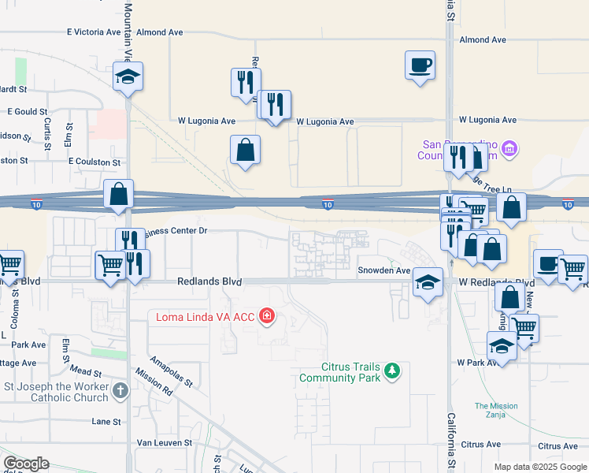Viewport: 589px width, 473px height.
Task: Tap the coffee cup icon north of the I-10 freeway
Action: tap(420, 64)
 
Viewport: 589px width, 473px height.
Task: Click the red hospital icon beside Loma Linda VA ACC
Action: tap(268, 317)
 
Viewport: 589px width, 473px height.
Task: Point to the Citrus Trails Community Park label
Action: tap(339, 372)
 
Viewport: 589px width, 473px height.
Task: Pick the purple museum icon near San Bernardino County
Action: tap(509, 148)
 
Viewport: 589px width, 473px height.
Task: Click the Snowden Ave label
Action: tap(385, 270)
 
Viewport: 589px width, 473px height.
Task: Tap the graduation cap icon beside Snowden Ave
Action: tap(427, 282)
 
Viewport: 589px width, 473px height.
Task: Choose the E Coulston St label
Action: tap(94, 162)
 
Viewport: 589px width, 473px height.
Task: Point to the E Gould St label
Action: tap(27, 113)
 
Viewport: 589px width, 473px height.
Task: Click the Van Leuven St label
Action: tap(165, 443)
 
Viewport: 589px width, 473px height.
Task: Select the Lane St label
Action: tap(106, 422)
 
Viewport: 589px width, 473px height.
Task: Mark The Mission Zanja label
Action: tap(496, 412)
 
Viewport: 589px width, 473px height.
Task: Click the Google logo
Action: tap(26, 464)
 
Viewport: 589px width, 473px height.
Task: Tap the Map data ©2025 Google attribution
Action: tap(539, 467)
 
